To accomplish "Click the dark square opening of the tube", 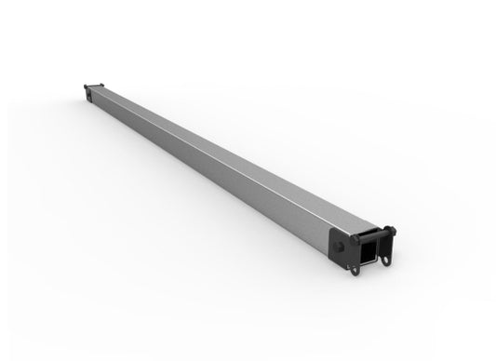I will pos(369,251).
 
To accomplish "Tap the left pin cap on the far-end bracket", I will pos(85,86).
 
